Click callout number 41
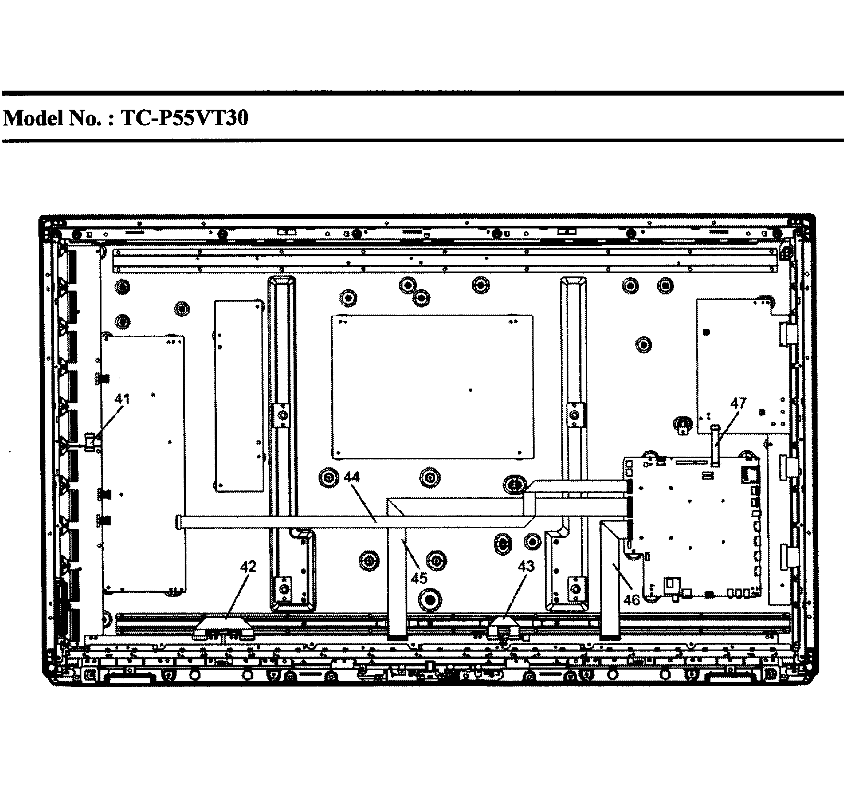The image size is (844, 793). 122,399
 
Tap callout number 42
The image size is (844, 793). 248,566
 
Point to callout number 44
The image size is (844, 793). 352,477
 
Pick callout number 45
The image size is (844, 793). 419,579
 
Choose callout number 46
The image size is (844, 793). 632,600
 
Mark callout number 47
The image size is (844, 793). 738,403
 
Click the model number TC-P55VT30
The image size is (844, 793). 185,118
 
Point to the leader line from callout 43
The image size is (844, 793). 515,596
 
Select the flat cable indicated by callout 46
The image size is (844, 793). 610,580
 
